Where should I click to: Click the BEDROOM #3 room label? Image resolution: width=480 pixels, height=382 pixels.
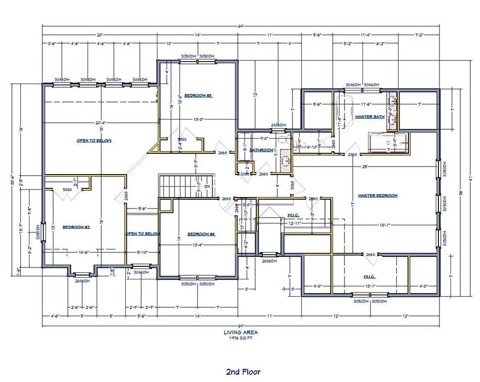pos(197,95)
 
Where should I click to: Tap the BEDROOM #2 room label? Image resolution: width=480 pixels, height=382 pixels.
pos(75,227)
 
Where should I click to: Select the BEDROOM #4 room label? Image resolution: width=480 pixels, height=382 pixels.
pos(201,234)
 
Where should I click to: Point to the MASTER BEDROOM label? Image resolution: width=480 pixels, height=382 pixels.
pos(377,195)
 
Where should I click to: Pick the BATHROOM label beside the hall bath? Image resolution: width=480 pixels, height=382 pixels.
pos(261,150)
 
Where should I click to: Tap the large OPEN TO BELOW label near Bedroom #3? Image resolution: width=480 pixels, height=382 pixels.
pos(94,141)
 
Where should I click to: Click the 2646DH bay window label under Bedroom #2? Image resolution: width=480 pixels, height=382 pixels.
pos(83,282)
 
